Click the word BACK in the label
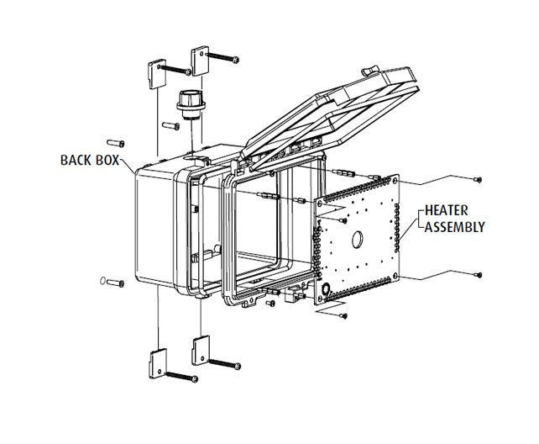77,158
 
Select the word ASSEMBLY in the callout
455,227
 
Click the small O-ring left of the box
102,282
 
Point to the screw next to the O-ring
117,283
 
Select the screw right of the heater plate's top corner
478,178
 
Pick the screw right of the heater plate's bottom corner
478,273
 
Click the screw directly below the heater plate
343,316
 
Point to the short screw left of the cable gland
170,124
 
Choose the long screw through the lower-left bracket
181,378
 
